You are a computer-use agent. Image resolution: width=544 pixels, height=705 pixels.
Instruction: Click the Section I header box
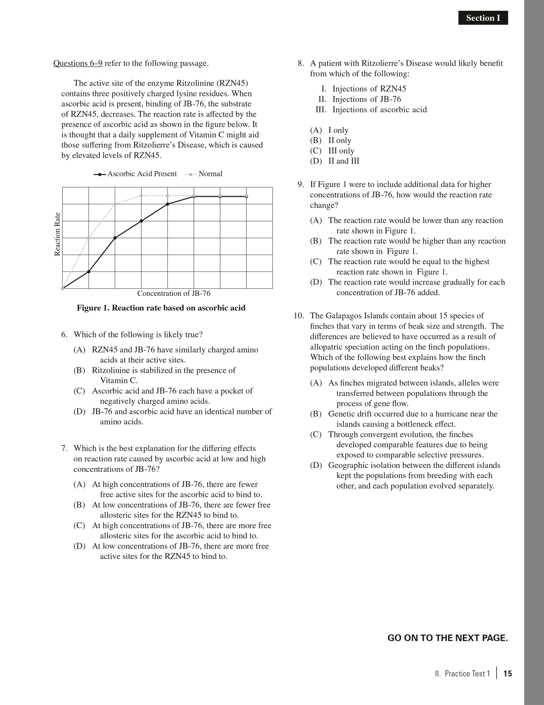483,18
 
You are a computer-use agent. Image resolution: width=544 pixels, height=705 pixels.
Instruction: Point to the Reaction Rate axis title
57,234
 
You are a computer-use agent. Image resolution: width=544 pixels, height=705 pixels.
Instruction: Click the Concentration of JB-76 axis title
174,293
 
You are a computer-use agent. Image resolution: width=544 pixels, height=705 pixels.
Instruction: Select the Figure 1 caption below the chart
161,308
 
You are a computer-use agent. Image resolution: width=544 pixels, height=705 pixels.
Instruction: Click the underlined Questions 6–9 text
78,63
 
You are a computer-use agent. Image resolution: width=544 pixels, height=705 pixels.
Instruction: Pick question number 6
64,334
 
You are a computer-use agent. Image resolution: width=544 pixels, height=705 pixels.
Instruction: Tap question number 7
64,448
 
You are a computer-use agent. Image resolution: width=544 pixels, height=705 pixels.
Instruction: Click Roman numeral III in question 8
321,110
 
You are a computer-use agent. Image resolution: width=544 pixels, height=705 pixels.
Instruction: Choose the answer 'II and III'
344,161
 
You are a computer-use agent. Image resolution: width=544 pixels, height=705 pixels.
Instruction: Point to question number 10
299,316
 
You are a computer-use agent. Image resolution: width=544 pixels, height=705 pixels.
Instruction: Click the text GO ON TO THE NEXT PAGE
448,638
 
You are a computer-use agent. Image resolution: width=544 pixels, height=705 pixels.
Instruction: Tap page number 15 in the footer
508,674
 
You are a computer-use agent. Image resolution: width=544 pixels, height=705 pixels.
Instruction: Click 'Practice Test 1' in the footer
467,674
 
